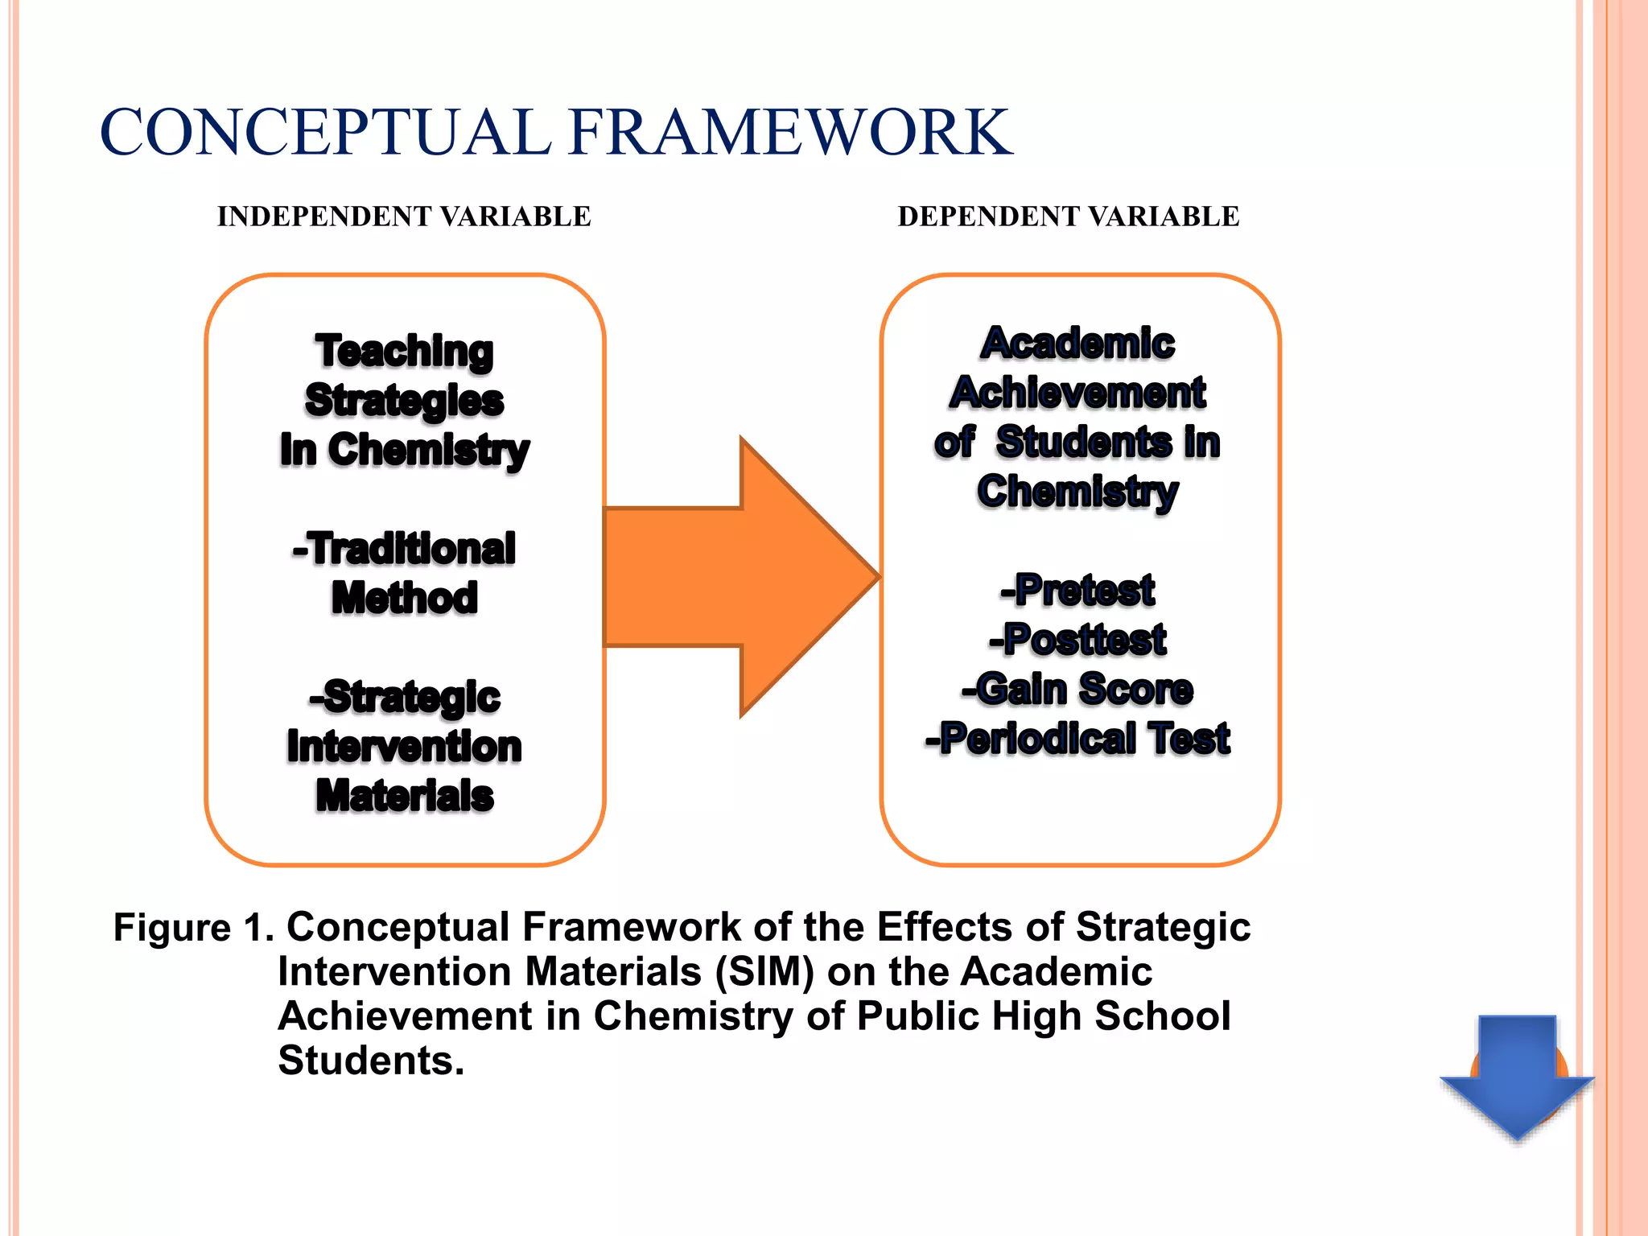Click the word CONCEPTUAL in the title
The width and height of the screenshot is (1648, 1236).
point(325,133)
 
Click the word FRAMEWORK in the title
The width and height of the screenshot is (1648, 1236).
point(789,133)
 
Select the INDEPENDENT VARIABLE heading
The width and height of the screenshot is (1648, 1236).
point(404,216)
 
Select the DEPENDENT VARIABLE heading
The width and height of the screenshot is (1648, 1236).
point(1068,216)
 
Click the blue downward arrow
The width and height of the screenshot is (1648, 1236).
point(1517,1075)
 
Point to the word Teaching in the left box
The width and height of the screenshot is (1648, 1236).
point(404,352)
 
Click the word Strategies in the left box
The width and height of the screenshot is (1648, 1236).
point(404,401)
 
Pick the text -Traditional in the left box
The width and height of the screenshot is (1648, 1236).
point(404,549)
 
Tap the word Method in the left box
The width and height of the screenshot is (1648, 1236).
point(404,598)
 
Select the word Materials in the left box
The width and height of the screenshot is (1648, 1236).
point(404,796)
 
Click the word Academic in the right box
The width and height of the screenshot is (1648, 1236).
point(1077,344)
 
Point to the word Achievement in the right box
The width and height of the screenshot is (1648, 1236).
point(1077,393)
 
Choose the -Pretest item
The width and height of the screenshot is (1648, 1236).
point(1077,590)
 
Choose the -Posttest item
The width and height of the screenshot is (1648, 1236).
point(1077,640)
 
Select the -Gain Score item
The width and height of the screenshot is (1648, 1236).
point(1077,689)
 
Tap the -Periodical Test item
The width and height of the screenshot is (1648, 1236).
point(1077,738)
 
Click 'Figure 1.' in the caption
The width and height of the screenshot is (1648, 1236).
point(193,927)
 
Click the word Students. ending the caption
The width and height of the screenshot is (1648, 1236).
point(371,1061)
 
